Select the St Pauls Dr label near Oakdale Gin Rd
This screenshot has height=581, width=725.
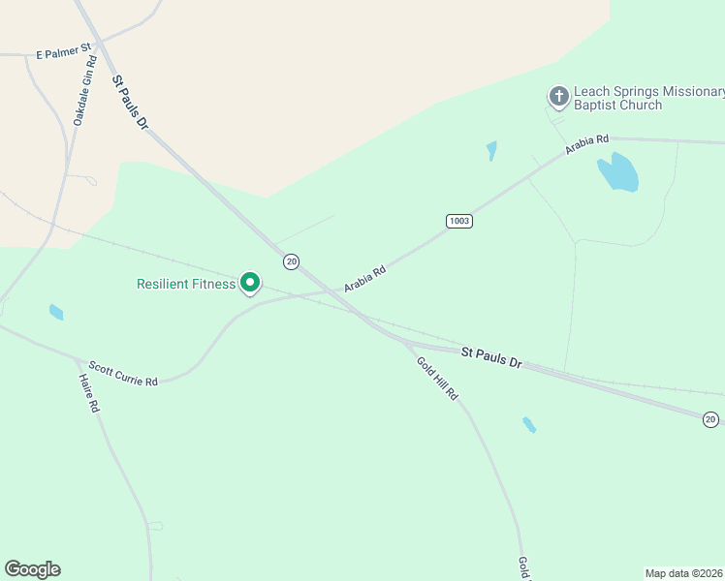pyautogui.click(x=129, y=103)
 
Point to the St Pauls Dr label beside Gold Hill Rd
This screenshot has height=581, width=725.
pyautogui.click(x=490, y=357)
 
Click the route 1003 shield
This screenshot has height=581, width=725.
pyautogui.click(x=459, y=221)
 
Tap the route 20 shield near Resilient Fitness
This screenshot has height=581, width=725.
pyautogui.click(x=291, y=261)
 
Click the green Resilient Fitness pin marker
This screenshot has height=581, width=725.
pyautogui.click(x=250, y=283)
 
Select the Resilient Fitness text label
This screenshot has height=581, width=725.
pyautogui.click(x=186, y=284)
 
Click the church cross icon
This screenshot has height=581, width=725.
pyautogui.click(x=558, y=96)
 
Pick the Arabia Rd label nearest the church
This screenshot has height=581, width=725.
pyautogui.click(x=587, y=145)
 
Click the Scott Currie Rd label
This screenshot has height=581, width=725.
pyautogui.click(x=123, y=374)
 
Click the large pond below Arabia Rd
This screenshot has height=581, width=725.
pyautogui.click(x=618, y=173)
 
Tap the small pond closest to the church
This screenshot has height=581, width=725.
pyautogui.click(x=491, y=150)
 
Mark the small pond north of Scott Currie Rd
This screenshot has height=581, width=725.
pyautogui.click(x=56, y=312)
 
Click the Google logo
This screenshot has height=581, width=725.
pyautogui.click(x=32, y=569)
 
